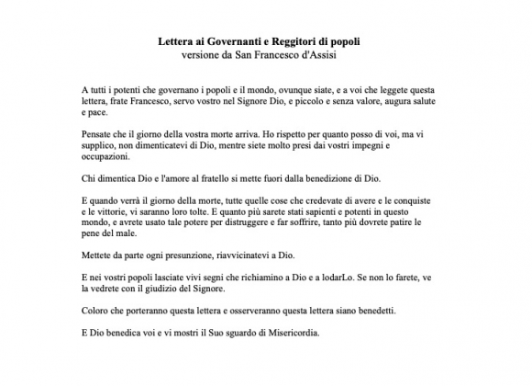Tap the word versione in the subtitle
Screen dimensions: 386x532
click(205, 57)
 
